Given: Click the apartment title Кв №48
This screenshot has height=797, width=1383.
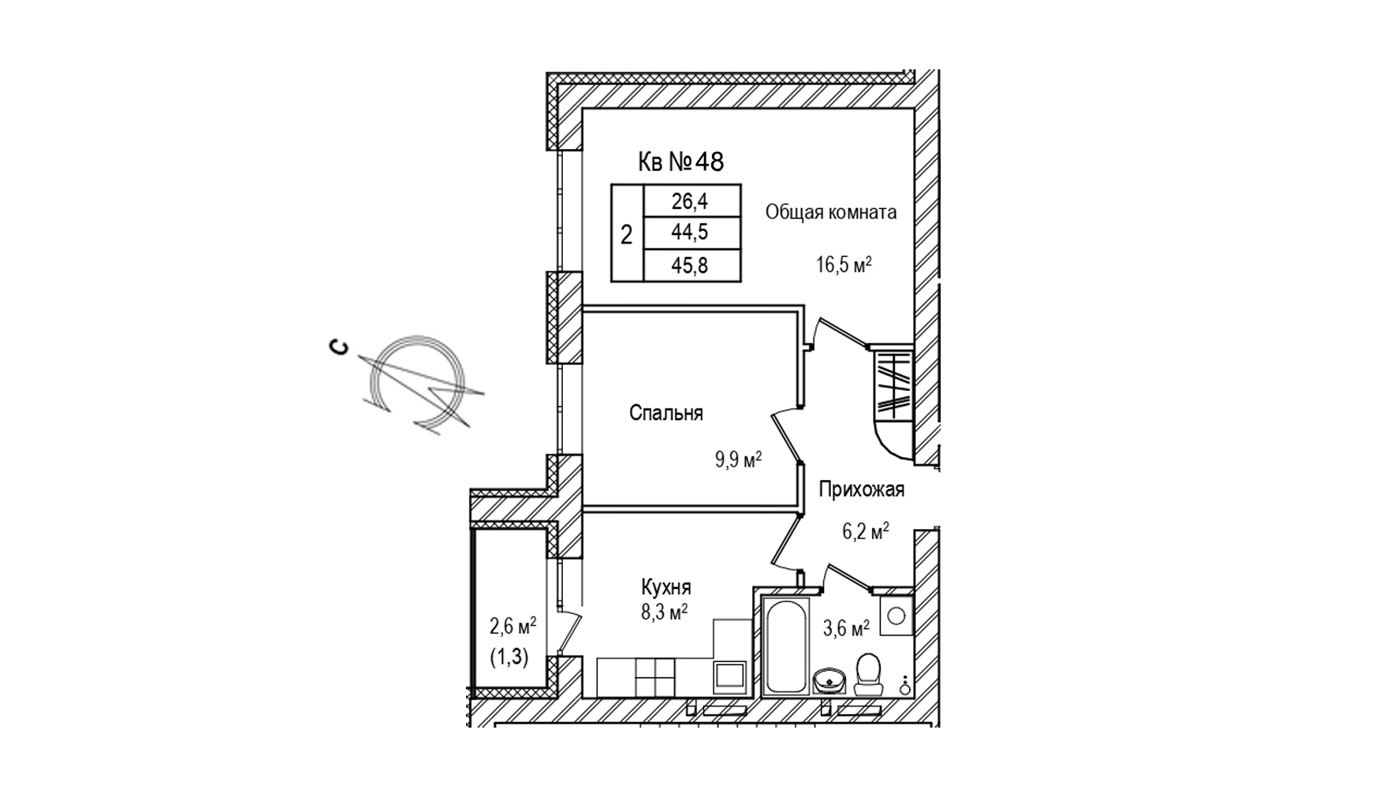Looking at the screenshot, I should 680,162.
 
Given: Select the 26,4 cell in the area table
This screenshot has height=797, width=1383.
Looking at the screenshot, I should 691,201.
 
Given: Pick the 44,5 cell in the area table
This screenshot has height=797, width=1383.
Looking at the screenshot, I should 691,233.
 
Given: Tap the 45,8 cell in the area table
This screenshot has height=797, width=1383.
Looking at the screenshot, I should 691,266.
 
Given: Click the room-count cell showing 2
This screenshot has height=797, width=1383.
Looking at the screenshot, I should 627,234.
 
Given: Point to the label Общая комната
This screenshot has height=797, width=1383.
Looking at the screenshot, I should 831,212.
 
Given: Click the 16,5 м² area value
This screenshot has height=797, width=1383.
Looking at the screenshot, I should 843,264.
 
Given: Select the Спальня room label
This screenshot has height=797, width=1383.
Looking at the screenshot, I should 666,413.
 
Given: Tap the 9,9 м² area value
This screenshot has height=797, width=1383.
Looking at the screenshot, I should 738,460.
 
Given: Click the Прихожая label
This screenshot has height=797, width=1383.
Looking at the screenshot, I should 861,490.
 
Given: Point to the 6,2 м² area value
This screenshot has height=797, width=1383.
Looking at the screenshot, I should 866,531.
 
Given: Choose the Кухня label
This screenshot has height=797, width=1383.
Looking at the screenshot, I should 666,587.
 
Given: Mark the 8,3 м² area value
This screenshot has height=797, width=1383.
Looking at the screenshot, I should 664,613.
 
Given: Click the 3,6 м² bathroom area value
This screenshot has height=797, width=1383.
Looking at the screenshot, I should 846,628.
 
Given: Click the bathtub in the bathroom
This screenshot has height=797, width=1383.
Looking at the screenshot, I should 786,646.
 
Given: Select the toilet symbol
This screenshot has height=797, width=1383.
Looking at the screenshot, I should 868,674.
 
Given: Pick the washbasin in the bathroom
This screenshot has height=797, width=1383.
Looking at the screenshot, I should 829,680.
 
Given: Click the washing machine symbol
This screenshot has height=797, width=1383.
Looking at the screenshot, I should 896,615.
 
